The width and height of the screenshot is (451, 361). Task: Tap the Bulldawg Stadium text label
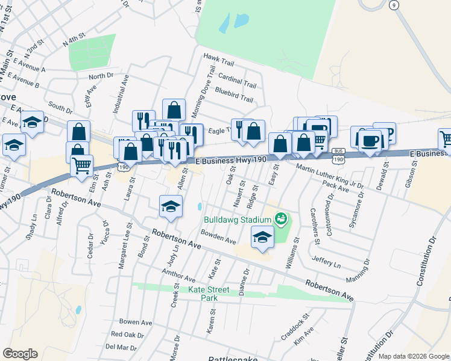pyautogui.click(x=238, y=220)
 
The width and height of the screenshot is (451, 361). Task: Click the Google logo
pyautogui.click(x=20, y=353)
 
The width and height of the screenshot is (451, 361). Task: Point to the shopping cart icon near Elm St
pyautogui.click(x=81, y=165)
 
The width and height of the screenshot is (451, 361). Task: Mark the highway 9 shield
pyautogui.click(x=394, y=5)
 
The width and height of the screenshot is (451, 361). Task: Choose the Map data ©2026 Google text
pyautogui.click(x=414, y=356)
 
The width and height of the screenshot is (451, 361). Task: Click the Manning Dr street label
pyautogui.click(x=358, y=271)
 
